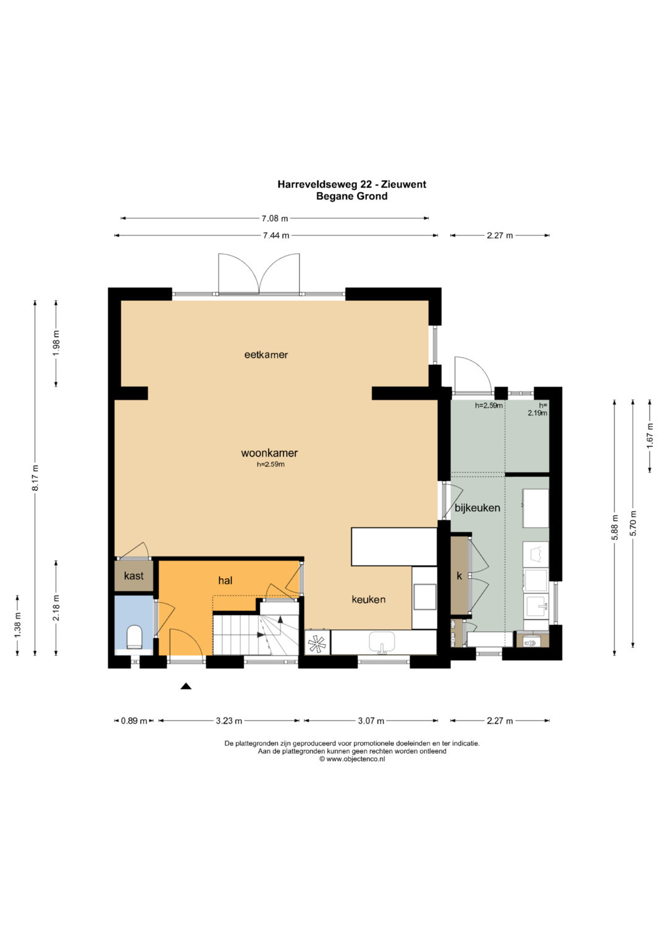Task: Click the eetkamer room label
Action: [266, 355]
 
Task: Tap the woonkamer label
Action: [269, 453]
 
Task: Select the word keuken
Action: [369, 600]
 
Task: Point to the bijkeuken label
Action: [477, 508]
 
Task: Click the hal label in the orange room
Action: [225, 581]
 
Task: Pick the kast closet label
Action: [134, 576]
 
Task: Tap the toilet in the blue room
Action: [135, 637]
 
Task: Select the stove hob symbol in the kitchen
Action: [317, 643]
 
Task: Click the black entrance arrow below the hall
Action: [186, 687]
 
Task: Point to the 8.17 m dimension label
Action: [35, 477]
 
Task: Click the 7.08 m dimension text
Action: [275, 219]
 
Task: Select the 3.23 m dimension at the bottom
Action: [229, 721]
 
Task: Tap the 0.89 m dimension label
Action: [134, 721]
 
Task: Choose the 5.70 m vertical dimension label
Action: [633, 523]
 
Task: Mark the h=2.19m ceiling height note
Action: [538, 409]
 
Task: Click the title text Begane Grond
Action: [352, 196]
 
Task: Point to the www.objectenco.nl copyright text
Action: [352, 759]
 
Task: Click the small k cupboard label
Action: [459, 576]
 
